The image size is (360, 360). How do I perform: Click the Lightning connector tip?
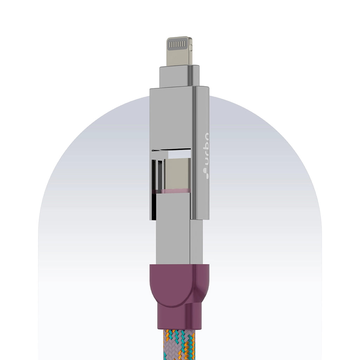click(x=179, y=51)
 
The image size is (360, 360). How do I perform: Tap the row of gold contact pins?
click(x=178, y=45)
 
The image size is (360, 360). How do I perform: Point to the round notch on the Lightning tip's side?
click(x=191, y=46)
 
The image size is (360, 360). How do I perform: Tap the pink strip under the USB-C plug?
click(x=175, y=191)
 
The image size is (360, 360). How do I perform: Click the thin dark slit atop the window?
click(x=171, y=150)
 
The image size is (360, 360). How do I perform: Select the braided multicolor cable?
click(x=179, y=346)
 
